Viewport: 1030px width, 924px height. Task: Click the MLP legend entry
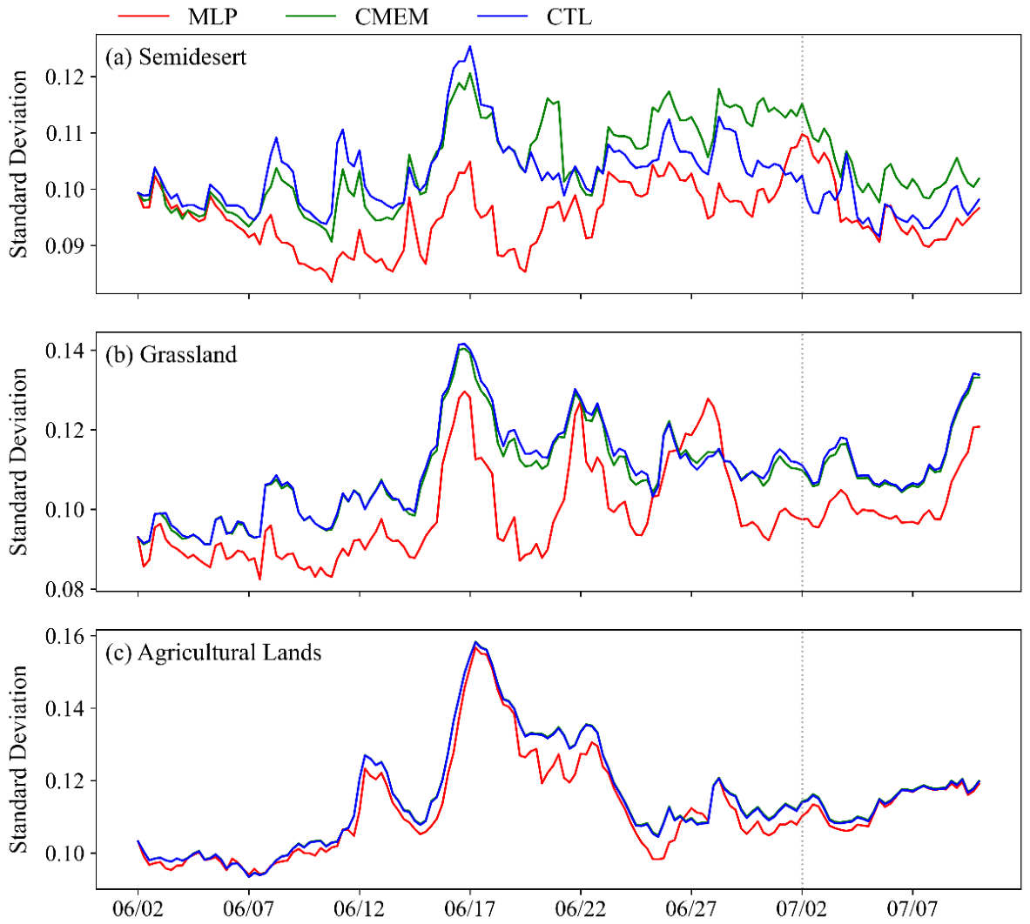click(178, 17)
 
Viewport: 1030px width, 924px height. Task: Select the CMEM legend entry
click(357, 17)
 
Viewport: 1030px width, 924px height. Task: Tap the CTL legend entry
click(535, 17)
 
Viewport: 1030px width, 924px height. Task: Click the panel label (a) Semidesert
click(175, 57)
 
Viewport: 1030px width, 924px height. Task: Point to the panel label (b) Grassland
click(171, 354)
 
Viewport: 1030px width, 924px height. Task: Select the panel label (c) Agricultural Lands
click(213, 653)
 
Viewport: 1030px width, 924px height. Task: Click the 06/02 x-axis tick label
click(138, 909)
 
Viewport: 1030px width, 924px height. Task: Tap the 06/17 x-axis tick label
click(469, 909)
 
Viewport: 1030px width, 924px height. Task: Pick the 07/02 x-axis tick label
click(801, 909)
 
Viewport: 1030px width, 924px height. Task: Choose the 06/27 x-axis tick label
click(691, 909)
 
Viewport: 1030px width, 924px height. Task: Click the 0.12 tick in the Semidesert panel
click(65, 77)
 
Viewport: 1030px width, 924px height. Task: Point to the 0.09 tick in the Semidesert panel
click(65, 245)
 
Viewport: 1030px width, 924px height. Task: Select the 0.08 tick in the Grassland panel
click(65, 589)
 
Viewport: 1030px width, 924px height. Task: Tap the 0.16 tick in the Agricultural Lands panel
click(65, 636)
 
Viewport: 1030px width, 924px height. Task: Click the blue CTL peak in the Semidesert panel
click(469, 47)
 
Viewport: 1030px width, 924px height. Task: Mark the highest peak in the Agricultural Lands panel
click(475, 642)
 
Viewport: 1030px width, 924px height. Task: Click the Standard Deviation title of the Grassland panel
click(18, 461)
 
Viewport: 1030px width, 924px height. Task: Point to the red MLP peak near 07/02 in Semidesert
click(802, 135)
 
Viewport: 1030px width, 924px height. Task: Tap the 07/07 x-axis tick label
click(912, 909)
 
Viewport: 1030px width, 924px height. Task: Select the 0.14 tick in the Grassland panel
click(65, 351)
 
